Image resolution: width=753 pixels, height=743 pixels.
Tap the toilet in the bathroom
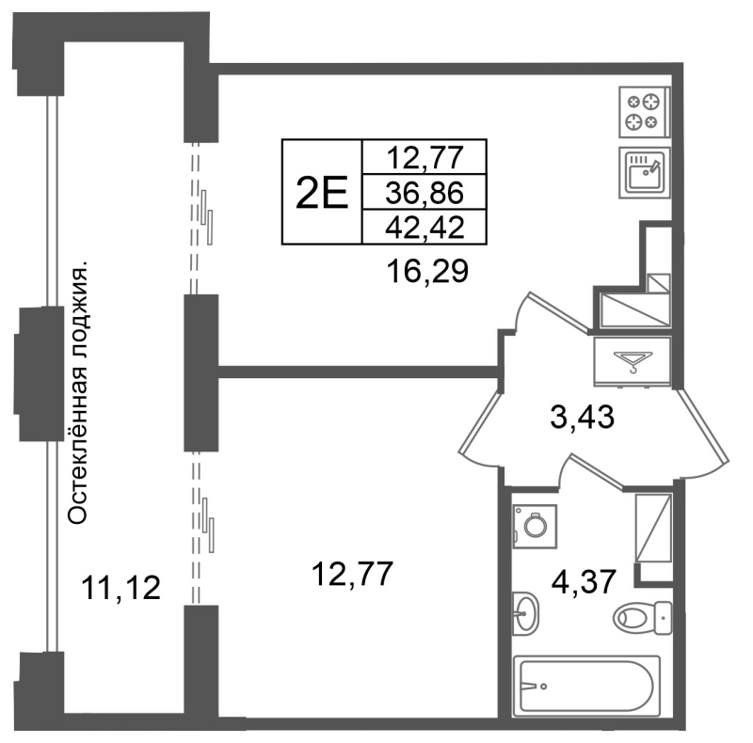pos(643,617)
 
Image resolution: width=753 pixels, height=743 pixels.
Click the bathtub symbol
pos(586,687)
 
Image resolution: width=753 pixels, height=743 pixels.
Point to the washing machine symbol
pos(535,526)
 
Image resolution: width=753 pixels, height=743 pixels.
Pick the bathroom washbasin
pos(525,613)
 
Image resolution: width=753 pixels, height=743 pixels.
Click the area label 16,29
pos(427,272)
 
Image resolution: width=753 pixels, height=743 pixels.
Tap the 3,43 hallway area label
pos(582,417)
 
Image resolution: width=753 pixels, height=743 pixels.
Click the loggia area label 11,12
pos(121,588)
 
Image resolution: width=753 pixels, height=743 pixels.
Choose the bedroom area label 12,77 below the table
pos(352,574)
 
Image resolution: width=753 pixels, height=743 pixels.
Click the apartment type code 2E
pos(321,193)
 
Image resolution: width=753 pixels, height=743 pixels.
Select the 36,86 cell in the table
pos(425,193)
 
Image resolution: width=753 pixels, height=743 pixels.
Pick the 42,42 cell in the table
pos(425,227)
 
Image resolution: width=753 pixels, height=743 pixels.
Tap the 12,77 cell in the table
pos(425,157)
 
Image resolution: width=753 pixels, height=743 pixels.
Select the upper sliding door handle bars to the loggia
pos(207,217)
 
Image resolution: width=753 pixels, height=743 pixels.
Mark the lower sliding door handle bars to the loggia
pos(208,525)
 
